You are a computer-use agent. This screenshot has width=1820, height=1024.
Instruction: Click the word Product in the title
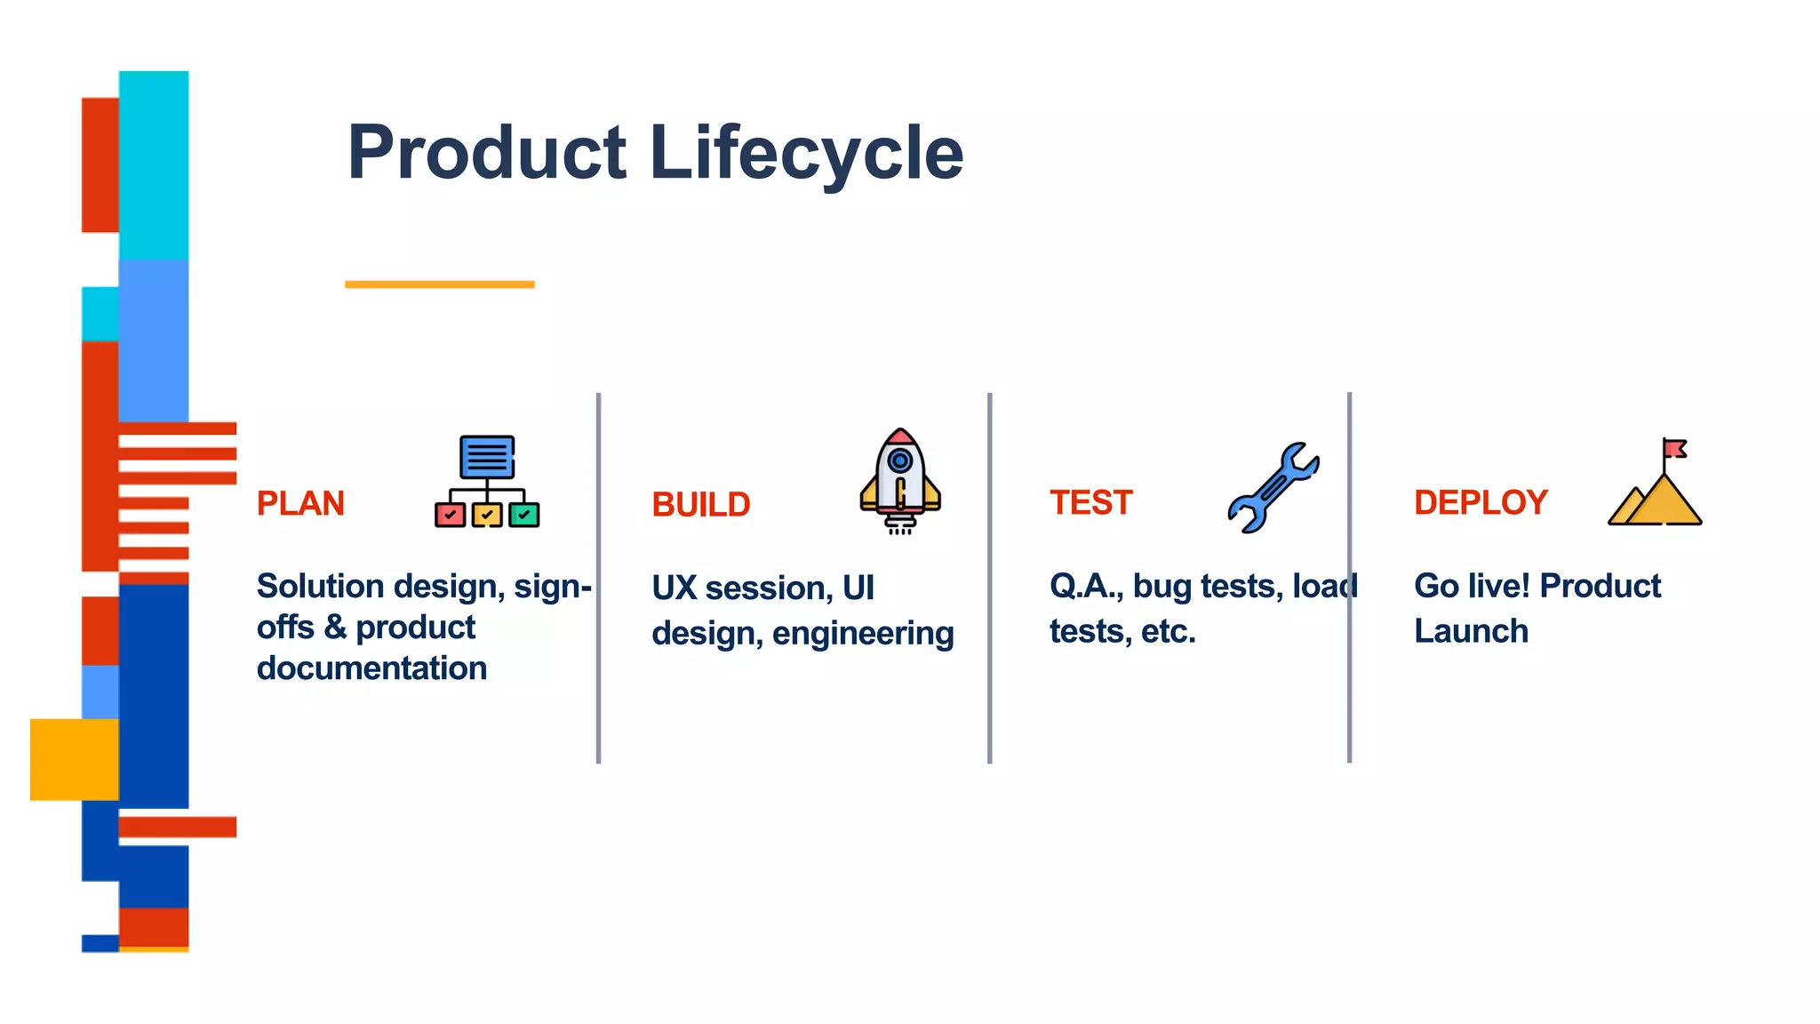pyautogui.click(x=487, y=153)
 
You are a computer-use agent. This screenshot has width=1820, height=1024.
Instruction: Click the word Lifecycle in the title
pyautogui.click(x=806, y=153)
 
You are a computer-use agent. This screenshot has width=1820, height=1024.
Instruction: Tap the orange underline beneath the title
pyautogui.click(x=439, y=284)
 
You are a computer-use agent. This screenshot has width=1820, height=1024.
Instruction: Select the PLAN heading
pyautogui.click(x=300, y=504)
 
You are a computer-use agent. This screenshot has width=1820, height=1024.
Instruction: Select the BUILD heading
pyautogui.click(x=701, y=505)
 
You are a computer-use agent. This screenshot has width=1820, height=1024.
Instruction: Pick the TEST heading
pyautogui.click(x=1090, y=503)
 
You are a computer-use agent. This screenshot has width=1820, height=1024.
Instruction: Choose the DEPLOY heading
pyautogui.click(x=1481, y=503)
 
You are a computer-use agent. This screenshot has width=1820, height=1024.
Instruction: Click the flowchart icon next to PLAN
pyautogui.click(x=487, y=482)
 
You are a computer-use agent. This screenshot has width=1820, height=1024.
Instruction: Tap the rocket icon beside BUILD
pyautogui.click(x=899, y=481)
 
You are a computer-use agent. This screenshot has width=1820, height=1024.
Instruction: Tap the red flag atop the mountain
pyautogui.click(x=1675, y=448)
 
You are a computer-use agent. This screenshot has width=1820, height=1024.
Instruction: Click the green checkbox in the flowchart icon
pyautogui.click(x=524, y=515)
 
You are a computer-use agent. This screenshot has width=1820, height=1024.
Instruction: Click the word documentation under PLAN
pyautogui.click(x=371, y=668)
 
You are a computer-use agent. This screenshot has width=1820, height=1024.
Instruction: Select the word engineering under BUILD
pyautogui.click(x=863, y=634)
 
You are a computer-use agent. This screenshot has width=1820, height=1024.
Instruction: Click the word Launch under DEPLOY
pyautogui.click(x=1471, y=631)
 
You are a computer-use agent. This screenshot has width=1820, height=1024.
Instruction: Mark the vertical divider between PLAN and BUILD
pyautogui.click(x=598, y=578)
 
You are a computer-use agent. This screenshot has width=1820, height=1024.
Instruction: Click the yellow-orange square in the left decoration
pyautogui.click(x=74, y=759)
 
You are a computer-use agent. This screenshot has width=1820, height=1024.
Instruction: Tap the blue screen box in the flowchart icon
pyautogui.click(x=487, y=457)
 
